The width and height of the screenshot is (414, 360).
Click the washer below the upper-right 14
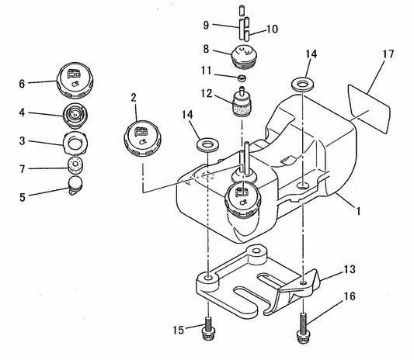click(302, 81)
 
